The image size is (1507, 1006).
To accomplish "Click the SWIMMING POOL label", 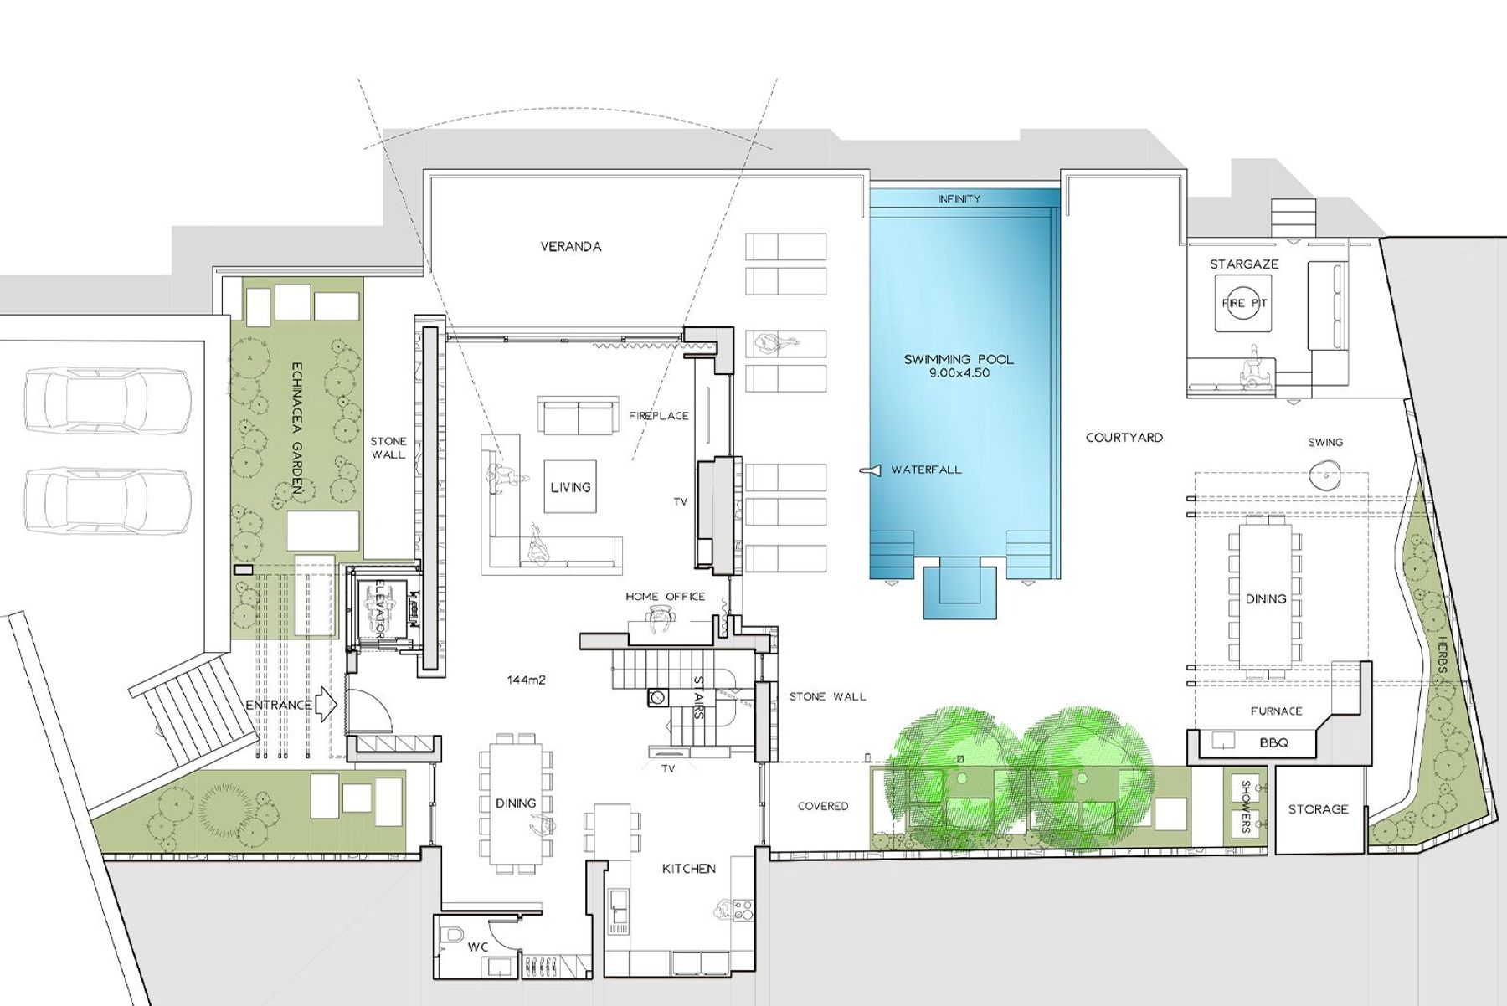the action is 959,360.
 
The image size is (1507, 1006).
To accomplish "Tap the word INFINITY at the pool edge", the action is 959,199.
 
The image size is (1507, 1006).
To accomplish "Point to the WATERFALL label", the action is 927,470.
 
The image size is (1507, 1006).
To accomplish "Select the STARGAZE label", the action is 1244,264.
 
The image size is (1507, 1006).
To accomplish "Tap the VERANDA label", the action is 571,247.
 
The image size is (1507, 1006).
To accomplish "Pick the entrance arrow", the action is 327,706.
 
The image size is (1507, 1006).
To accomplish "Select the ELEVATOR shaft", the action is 384,607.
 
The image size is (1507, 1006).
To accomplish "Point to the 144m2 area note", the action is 526,680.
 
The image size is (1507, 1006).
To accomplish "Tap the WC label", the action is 478,947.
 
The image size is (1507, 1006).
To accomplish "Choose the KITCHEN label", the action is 689,869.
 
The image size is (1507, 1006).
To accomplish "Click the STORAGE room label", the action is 1319,809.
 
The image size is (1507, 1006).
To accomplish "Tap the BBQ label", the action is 1273,742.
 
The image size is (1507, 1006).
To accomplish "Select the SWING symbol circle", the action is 1325,476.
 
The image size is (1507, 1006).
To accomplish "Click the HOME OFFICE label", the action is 666,597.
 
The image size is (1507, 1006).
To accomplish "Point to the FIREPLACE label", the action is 659,416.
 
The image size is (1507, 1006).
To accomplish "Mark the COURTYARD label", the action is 1124,438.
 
